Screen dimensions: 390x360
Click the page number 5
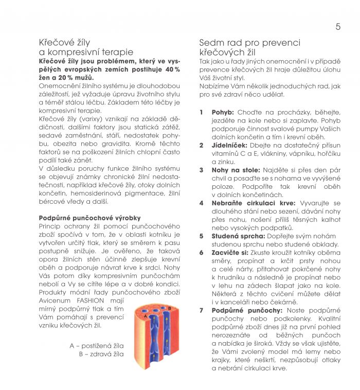pos(338,27)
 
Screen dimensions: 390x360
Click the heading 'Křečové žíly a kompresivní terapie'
pos(86,47)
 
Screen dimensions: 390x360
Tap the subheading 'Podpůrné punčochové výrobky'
pos(89,218)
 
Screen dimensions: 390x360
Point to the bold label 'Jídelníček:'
pos(230,145)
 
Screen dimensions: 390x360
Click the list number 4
pos(201,203)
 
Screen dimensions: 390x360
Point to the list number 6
pos(201,253)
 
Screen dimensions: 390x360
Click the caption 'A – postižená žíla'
pos(97,346)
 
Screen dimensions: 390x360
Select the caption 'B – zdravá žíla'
pos(101,354)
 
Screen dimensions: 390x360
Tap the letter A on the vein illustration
pos(146,316)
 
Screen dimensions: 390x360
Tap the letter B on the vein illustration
pos(169,308)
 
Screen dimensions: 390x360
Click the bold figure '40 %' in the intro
pos(173,69)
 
